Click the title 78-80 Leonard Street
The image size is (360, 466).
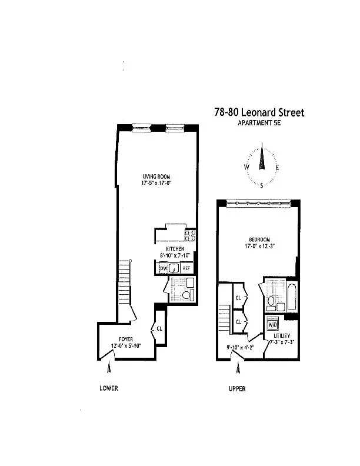[259, 112]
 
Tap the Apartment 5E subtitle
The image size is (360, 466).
[259, 122]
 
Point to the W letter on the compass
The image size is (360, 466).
[246, 167]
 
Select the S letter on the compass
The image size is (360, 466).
[262, 186]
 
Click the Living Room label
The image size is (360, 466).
[156, 177]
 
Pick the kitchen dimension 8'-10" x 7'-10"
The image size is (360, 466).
[175, 255]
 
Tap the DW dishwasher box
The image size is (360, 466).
[164, 268]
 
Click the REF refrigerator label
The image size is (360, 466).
[186, 268]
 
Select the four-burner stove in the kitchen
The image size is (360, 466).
[190, 235]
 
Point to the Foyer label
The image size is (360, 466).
[126, 339]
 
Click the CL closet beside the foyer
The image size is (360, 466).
[159, 329]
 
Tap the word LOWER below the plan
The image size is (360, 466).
[109, 388]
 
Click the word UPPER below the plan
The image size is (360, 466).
[237, 388]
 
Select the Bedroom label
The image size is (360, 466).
[259, 239]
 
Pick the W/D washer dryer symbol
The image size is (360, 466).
[272, 325]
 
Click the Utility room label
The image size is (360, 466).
[282, 335]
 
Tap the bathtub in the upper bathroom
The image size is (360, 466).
[291, 297]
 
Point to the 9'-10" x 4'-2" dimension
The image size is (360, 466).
[241, 347]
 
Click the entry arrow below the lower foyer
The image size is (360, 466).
[109, 367]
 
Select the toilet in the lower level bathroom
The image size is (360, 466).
[186, 295]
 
